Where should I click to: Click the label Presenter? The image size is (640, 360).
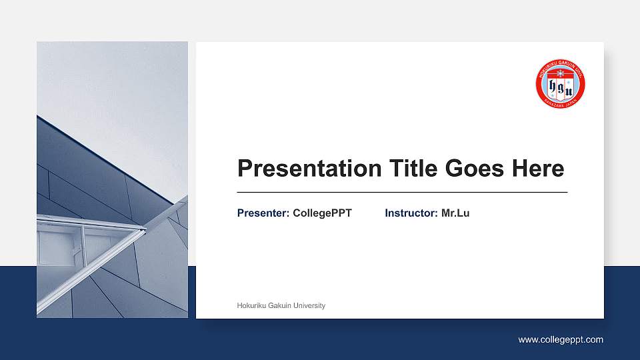point(263,213)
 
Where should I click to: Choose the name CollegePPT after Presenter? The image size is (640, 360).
point(322,213)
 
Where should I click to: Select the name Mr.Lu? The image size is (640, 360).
point(455,213)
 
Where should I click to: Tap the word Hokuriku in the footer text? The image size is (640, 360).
point(251,306)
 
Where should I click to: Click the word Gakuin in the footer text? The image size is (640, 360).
point(279,306)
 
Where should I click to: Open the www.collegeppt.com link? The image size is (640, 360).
point(561,340)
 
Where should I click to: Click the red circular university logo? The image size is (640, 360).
point(560,83)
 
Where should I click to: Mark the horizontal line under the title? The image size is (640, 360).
point(402,192)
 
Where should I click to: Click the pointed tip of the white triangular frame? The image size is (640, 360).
point(145,230)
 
